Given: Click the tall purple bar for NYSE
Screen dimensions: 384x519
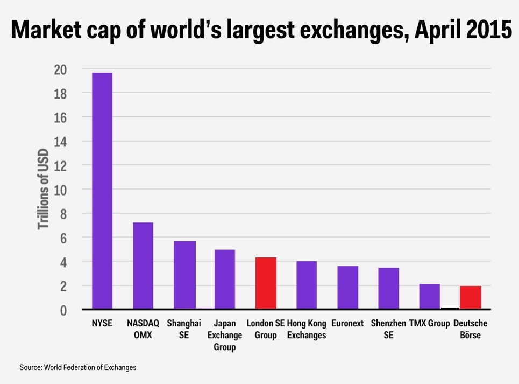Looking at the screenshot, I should (102, 191).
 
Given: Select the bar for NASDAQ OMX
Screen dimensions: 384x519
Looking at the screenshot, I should (143, 266).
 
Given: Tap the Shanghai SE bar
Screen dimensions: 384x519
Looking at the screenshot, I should (184, 275).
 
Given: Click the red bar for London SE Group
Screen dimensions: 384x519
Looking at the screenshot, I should (266, 283).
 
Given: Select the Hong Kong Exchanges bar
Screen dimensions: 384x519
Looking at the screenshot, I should (307, 285).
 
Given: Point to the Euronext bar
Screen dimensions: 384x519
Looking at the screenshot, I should (347, 288).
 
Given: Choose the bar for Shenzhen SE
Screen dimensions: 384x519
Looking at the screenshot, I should (388, 289).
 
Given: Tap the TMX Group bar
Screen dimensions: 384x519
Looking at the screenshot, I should (429, 297).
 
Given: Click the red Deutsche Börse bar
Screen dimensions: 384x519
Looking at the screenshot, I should (470, 298).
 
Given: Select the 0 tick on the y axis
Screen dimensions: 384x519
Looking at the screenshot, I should (63, 310).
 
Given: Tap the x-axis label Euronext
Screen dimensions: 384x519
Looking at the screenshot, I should (347, 324).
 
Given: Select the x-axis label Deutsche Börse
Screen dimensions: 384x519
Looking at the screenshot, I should (470, 329).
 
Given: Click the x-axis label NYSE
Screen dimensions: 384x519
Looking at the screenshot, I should (102, 324).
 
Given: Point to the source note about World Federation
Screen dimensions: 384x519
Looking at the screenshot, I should (78, 367).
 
